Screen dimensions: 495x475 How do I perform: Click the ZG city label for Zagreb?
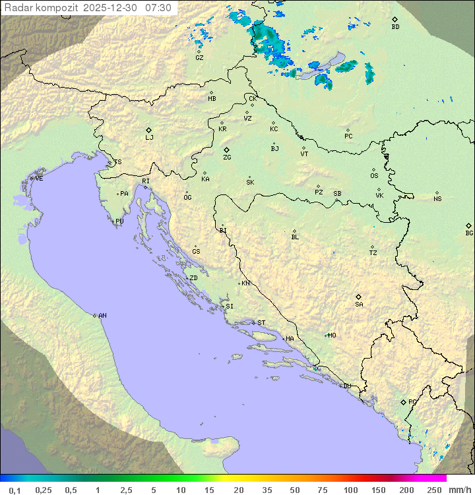(227, 158)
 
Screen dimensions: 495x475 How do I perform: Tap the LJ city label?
(149, 138)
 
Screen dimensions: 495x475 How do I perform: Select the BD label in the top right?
(395, 27)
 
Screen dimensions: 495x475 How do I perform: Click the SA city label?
(359, 305)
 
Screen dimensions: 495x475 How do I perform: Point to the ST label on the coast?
(261, 323)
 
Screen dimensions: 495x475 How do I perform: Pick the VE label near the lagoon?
(39, 179)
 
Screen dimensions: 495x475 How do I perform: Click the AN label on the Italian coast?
(102, 316)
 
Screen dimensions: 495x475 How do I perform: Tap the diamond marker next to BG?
(469, 225)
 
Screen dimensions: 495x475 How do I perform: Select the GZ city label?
(199, 58)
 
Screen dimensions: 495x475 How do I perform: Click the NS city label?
(437, 199)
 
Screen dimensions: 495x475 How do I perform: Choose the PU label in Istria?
(119, 221)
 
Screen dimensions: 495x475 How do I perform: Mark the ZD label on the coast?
(193, 278)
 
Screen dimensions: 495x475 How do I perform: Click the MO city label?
(332, 335)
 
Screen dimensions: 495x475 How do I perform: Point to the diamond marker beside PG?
(403, 401)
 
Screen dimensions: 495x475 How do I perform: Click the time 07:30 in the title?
(158, 8)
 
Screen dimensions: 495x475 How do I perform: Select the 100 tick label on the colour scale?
(350, 490)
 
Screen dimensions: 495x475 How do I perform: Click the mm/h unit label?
(457, 490)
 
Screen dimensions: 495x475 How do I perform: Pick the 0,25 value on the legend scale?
(44, 490)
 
